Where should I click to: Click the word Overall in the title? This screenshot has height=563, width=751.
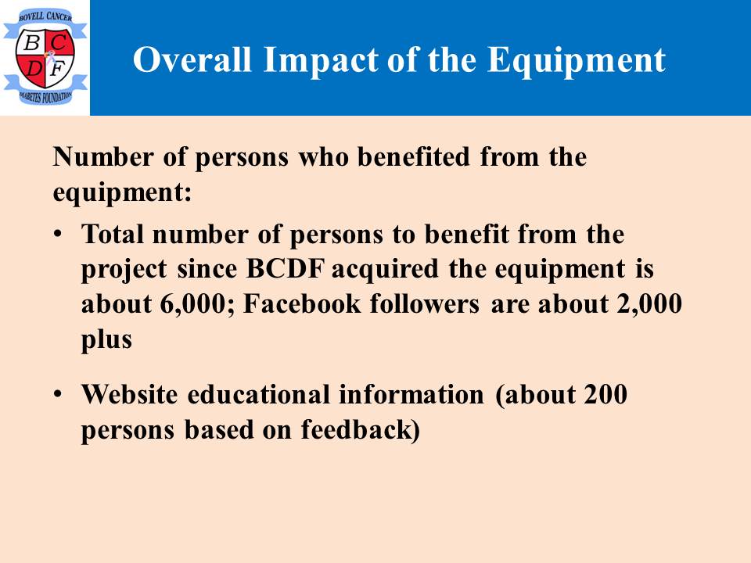192,60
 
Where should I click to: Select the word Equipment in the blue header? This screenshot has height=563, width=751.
577,61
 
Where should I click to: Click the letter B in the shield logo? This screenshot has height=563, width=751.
31,42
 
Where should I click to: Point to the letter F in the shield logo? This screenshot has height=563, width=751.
57,68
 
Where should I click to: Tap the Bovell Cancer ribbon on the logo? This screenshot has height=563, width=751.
45,19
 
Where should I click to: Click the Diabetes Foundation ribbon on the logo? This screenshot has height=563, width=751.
45,95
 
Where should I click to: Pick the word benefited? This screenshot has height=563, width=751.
414,156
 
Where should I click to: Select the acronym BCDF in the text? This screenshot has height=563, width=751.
286,268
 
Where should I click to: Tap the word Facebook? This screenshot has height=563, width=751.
302,303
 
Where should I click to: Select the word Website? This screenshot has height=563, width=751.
129,394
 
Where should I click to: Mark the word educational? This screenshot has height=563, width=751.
259,394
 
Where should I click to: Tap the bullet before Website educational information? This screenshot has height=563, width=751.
58,394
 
